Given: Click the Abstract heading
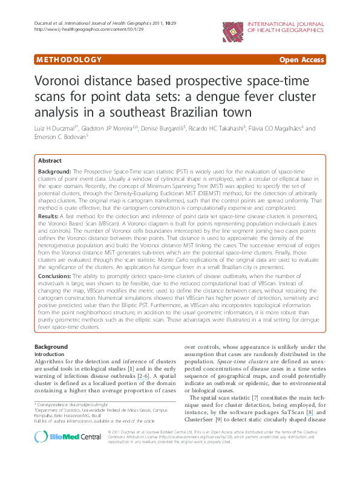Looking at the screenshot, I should click(x=50, y=161).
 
